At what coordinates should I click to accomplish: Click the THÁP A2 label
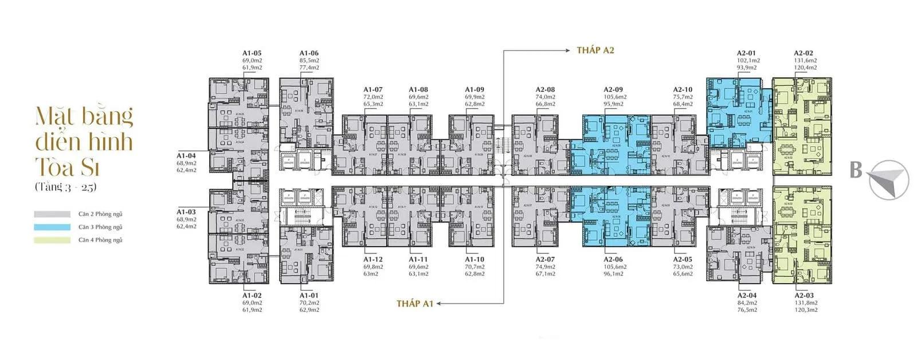point(595,50)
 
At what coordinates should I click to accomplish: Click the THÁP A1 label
point(414,303)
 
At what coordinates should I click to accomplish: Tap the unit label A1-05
point(252,53)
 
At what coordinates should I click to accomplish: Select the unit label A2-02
point(804,53)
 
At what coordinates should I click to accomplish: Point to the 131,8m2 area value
point(806,303)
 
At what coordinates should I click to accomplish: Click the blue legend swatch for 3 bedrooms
point(52,227)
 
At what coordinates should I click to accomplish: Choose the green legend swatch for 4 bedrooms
point(52,240)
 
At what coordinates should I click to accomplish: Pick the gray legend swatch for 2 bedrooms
point(52,214)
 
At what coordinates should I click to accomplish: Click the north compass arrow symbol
point(888,180)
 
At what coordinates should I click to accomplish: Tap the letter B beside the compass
point(856,170)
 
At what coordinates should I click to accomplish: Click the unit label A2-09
point(613,90)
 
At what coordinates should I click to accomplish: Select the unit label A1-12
point(373,260)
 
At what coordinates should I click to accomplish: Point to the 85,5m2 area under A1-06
point(309,60)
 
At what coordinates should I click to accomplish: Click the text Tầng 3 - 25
point(65,187)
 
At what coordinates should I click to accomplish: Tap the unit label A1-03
point(186,212)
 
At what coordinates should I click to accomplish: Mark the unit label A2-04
point(747,296)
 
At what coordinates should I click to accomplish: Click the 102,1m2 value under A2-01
point(748,60)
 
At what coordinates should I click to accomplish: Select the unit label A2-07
point(546,260)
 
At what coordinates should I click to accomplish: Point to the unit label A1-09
point(475,90)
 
